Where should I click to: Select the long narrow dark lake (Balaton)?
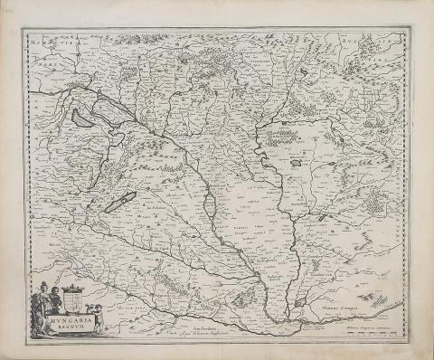click(x=120, y=202)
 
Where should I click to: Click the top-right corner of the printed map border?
click(x=410, y=28)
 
